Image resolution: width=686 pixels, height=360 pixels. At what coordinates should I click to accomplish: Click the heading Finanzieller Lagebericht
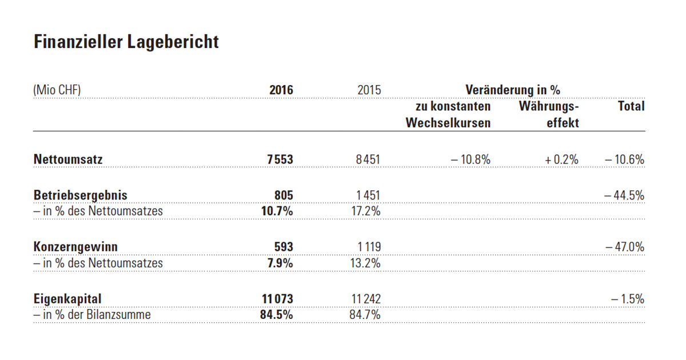[126, 42]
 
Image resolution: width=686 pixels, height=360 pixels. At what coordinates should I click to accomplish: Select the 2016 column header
[281, 90]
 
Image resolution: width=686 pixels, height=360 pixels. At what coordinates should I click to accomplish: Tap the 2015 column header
[369, 90]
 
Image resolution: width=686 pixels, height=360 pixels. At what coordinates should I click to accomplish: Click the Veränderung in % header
[512, 90]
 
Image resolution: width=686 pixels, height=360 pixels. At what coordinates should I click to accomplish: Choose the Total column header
[631, 106]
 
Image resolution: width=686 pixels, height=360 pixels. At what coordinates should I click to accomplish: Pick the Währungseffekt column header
[549, 114]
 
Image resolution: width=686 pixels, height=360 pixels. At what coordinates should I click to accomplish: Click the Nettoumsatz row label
[68, 160]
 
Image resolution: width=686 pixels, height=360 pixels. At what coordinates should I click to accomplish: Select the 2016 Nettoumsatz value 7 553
[280, 160]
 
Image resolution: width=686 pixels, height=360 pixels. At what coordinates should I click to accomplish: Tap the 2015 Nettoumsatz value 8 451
[368, 160]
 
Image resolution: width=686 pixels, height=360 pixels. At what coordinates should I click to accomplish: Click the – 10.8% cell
[470, 160]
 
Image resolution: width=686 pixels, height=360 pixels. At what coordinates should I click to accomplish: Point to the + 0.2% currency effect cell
[561, 160]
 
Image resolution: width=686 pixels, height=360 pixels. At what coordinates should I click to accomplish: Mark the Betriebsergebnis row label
[80, 195]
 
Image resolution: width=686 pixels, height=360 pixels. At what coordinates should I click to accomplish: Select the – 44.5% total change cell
[624, 195]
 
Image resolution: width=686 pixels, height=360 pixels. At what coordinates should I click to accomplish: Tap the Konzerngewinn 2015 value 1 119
[368, 247]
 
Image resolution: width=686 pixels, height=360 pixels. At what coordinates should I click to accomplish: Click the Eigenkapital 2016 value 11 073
[277, 299]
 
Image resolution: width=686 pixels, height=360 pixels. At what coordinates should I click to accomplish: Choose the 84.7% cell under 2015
[365, 314]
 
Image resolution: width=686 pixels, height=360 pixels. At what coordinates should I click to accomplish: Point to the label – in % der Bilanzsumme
[92, 314]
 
